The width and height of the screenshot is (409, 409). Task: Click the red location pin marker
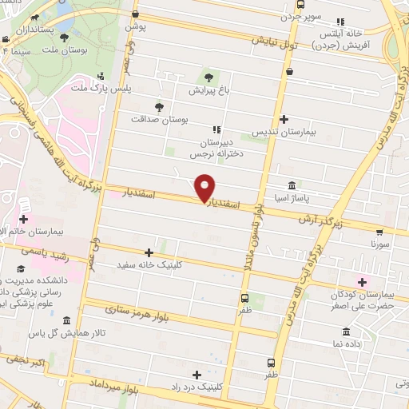coord(205,186)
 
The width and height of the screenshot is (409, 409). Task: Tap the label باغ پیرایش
coord(208,90)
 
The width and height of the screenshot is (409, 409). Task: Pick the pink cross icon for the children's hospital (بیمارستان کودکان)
coord(362,281)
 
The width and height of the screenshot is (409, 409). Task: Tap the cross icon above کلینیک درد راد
coord(197,374)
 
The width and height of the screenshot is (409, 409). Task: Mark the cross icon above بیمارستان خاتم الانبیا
coord(24,219)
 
